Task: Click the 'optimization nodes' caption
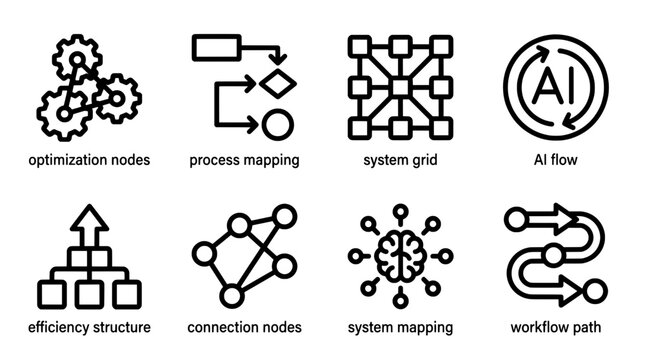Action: (x=90, y=160)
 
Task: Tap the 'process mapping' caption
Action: (x=244, y=160)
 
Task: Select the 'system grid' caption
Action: (x=400, y=160)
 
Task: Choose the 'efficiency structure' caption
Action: (x=90, y=327)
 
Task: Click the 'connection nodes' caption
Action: (x=244, y=327)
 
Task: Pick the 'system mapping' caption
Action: (x=400, y=327)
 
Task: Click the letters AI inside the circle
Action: (x=554, y=86)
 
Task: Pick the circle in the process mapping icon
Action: (x=276, y=125)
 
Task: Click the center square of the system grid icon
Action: (x=400, y=86)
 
